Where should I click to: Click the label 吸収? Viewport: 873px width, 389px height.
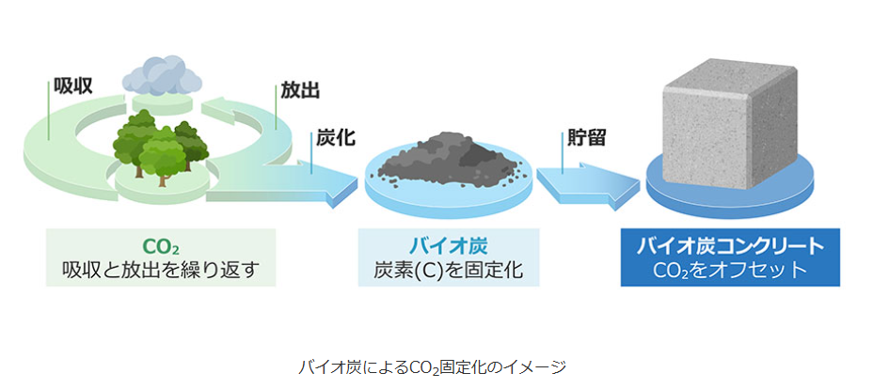click(x=72, y=86)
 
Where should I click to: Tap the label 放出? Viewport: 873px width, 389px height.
click(x=301, y=91)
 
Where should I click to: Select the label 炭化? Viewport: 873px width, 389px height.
click(x=335, y=139)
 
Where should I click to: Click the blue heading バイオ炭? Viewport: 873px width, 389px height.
click(x=448, y=247)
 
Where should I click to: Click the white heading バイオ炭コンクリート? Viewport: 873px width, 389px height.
click(x=730, y=247)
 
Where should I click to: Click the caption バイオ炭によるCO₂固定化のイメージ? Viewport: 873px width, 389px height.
click(x=433, y=366)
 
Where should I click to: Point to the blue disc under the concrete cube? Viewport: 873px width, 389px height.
click(x=729, y=193)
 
